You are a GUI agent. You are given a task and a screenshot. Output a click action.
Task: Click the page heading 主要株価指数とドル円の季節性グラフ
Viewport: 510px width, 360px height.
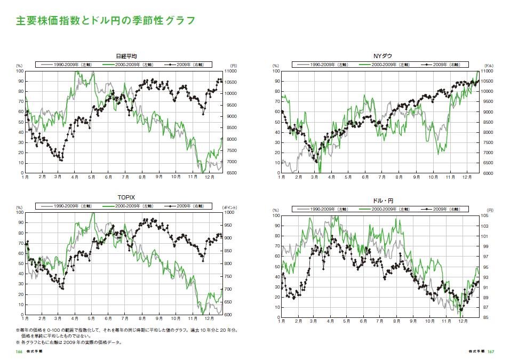tap(105, 21)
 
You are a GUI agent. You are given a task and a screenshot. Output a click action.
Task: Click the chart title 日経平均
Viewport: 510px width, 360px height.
tap(127, 57)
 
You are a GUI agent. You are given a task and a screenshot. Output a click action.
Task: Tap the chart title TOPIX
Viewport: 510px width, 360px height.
tap(126, 197)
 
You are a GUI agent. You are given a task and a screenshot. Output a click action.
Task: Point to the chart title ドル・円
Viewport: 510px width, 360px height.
tap(382, 201)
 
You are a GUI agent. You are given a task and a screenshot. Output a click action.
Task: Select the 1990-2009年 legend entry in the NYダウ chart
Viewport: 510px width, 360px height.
tap(324, 65)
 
